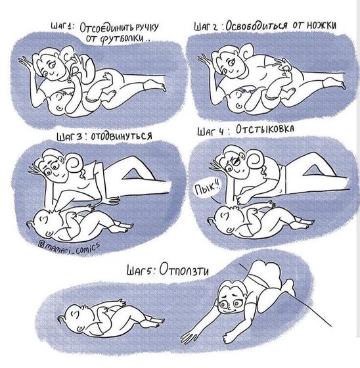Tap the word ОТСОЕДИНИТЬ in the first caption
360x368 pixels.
click(x=107, y=28)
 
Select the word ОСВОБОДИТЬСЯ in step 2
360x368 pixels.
click(x=256, y=26)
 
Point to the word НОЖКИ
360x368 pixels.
click(x=321, y=25)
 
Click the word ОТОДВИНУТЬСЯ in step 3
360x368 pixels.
click(x=121, y=136)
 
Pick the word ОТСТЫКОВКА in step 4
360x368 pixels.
click(x=265, y=129)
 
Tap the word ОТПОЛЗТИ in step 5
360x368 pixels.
click(x=184, y=269)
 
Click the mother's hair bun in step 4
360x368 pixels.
click(x=255, y=160)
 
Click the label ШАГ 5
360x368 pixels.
click(x=140, y=270)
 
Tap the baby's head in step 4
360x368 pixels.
click(x=226, y=219)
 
